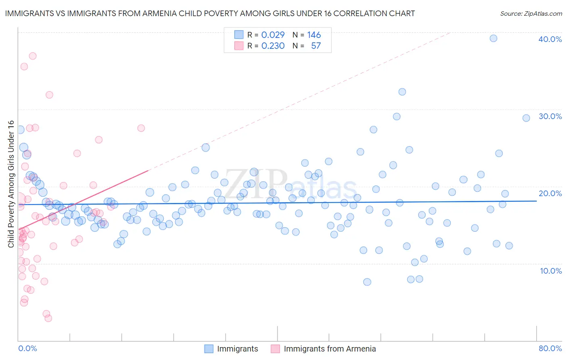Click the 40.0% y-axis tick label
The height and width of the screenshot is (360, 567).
[x=550, y=39]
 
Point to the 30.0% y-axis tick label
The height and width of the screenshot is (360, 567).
[x=550, y=116]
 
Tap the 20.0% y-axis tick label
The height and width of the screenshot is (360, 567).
[x=550, y=193]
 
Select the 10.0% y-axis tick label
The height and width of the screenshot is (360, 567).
[x=551, y=271]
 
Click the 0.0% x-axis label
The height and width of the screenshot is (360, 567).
[x=27, y=348]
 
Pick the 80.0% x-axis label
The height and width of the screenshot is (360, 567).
[x=550, y=348]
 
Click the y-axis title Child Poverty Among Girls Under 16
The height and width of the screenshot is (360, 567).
[x=11, y=184]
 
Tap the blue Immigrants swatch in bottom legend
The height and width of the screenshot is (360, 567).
[x=208, y=349]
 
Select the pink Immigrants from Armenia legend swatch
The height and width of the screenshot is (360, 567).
[x=275, y=349]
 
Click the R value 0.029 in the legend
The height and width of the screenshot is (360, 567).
[x=273, y=35]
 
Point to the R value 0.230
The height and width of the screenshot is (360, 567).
[x=273, y=46]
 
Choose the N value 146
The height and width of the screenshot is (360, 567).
[x=314, y=35]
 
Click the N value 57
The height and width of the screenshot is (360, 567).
[x=316, y=46]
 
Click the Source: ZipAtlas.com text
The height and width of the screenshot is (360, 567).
[x=531, y=13]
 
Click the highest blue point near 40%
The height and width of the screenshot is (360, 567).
[x=493, y=38]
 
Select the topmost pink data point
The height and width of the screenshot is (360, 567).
[x=33, y=56]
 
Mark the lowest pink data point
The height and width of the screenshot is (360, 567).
[x=48, y=318]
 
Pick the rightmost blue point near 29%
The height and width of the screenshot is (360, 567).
[x=526, y=118]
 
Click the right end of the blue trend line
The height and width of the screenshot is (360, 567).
[x=536, y=201]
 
